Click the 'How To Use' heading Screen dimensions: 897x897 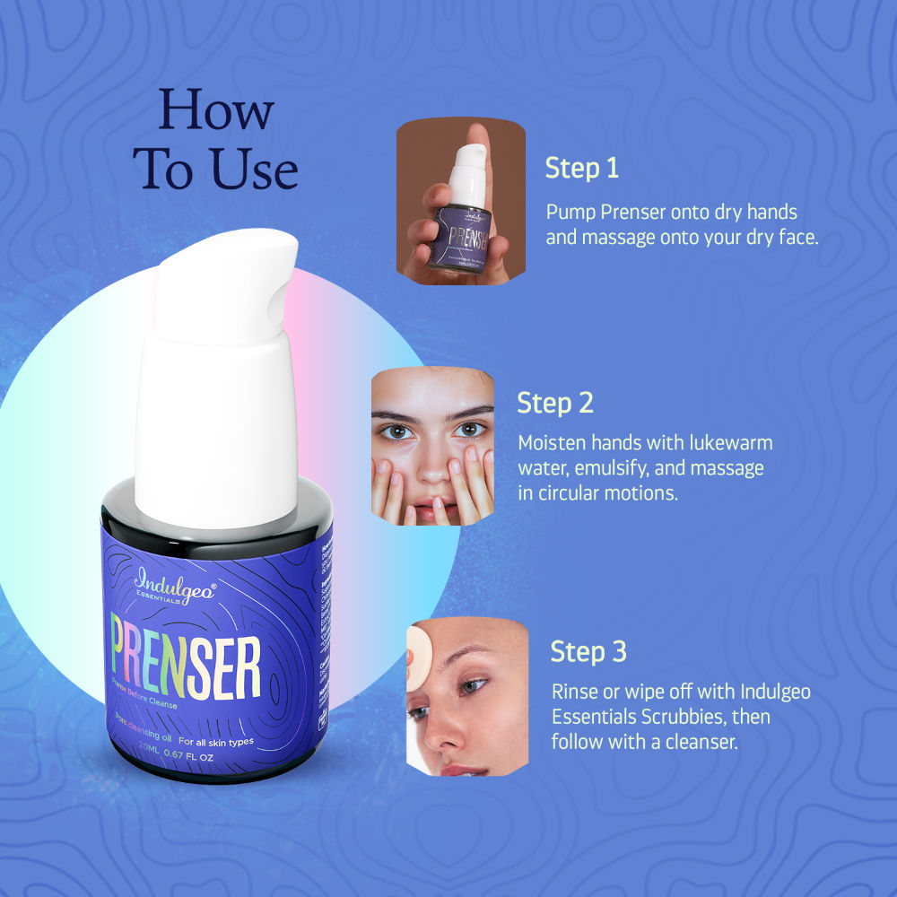click(216, 139)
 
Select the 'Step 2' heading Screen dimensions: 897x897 click(555, 403)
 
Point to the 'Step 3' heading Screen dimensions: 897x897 click(588, 651)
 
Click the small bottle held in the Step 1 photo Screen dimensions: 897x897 click(461, 215)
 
